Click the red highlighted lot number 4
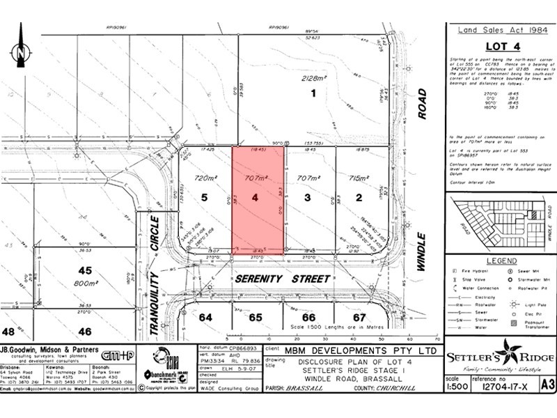point(256,198)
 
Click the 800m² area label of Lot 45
point(85,284)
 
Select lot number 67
point(359,317)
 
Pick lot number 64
point(205,317)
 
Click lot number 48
point(9,332)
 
